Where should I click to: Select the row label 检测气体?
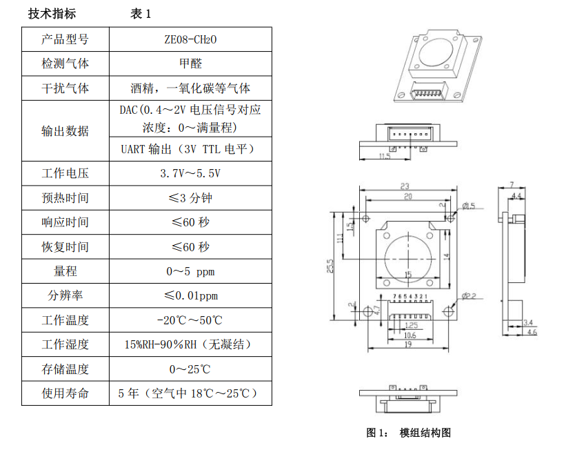65,63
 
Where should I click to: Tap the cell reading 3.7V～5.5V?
190,173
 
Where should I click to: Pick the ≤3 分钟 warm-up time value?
190,198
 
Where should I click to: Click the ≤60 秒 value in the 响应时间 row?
190,222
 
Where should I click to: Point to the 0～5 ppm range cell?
190,271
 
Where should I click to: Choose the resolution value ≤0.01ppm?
190,295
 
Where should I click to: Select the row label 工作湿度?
65,344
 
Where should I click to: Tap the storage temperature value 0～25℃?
190,369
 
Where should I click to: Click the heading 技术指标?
52,14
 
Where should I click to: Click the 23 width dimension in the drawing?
406,186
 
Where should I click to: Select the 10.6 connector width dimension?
410,335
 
